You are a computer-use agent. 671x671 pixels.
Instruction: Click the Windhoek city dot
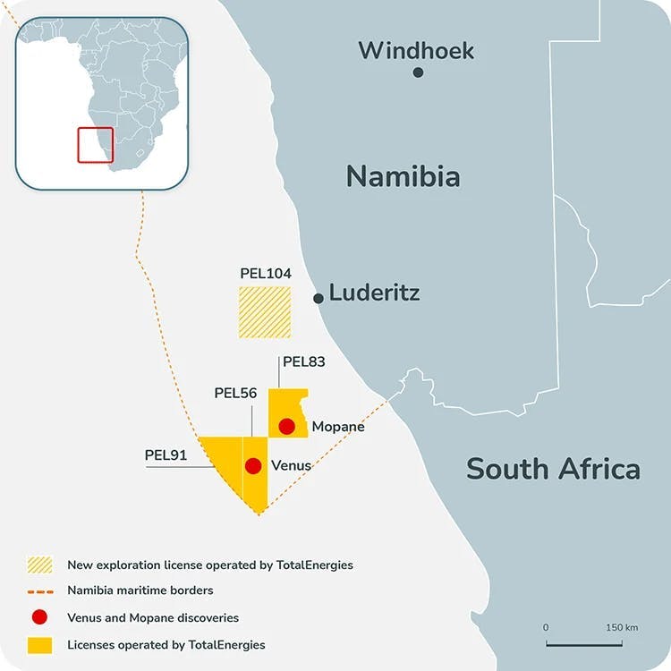[x=418, y=72]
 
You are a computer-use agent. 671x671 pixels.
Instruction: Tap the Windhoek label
[x=416, y=50]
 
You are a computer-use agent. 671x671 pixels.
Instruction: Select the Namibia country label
[x=403, y=176]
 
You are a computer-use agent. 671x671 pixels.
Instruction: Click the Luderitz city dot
[x=318, y=298]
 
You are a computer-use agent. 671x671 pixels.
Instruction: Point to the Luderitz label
[x=374, y=293]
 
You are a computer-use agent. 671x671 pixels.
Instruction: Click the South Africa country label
[x=553, y=468]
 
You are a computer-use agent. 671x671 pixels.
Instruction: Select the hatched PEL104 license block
[x=264, y=312]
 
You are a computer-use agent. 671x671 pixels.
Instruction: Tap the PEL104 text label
[x=266, y=273]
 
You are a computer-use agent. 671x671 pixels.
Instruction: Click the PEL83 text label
[x=303, y=362]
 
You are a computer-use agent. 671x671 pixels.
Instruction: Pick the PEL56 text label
[x=236, y=393]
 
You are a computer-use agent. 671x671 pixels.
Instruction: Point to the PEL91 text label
[x=166, y=454]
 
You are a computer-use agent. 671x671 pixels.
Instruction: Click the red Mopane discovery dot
[x=286, y=426]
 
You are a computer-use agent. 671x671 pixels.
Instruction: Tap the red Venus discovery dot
[x=253, y=465]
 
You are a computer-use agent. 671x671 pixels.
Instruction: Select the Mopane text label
[x=338, y=427]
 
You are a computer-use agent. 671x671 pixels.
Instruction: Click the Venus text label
[x=291, y=465]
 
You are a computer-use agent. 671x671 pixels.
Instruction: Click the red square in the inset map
[x=95, y=145]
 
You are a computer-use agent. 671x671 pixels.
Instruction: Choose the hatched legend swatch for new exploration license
[x=39, y=565]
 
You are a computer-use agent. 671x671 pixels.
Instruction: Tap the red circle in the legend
[x=39, y=617]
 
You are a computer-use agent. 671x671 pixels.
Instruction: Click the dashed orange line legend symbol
[x=39, y=591]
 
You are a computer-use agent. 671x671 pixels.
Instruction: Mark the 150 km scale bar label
[x=620, y=627]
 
